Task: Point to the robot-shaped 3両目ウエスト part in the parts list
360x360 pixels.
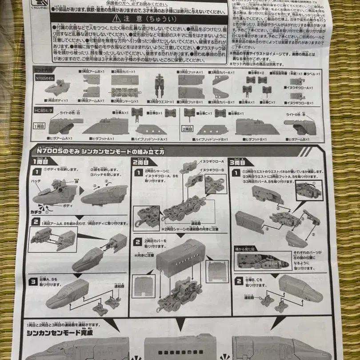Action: coord(159,85)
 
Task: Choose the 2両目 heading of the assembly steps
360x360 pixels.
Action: coord(139,161)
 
